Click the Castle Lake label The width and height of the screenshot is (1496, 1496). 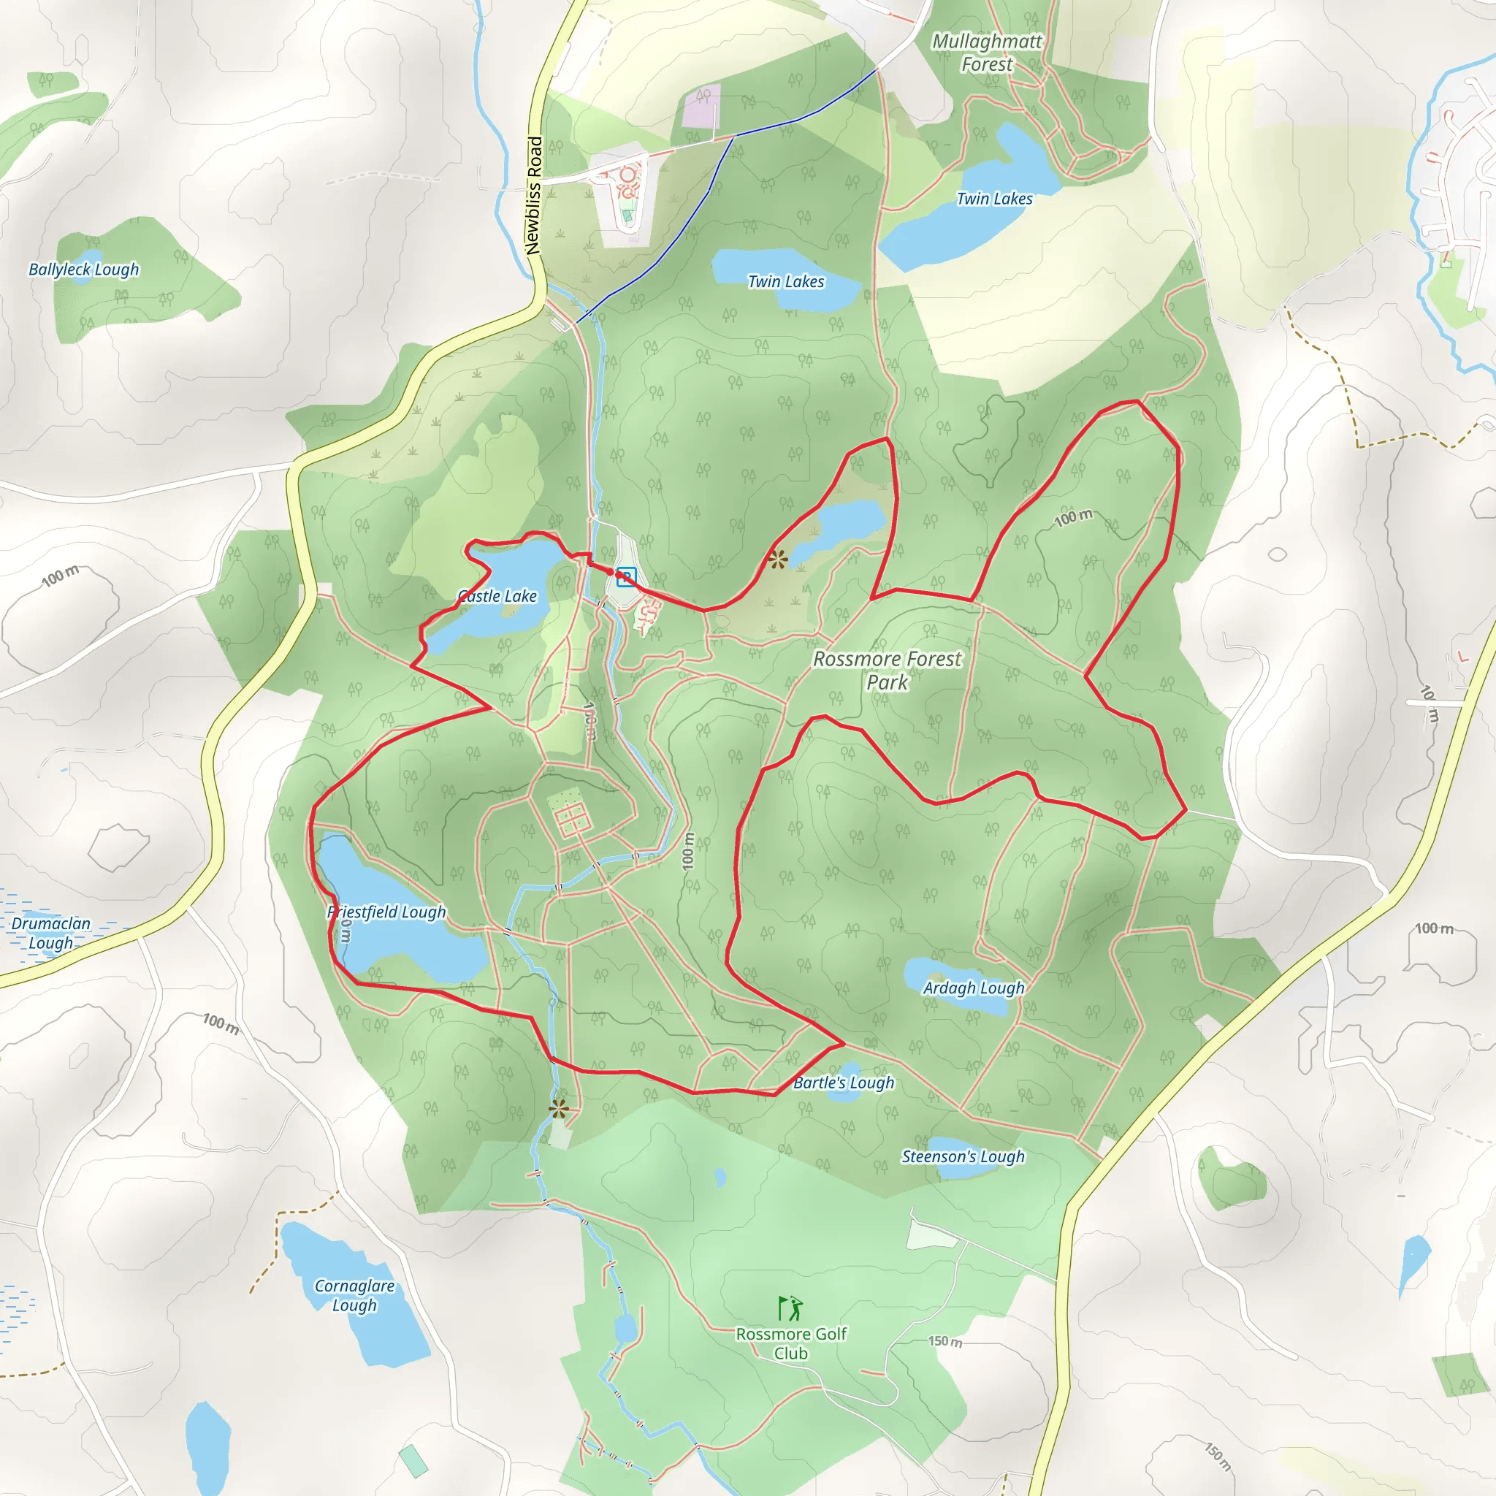497,596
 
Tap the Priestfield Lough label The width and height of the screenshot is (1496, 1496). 386,912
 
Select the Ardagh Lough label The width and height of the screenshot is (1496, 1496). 973,988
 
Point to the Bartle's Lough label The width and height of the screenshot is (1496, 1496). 843,1083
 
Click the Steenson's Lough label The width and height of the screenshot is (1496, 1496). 963,1157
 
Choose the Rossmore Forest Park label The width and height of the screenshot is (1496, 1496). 888,671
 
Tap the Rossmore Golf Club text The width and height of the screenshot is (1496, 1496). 790,1343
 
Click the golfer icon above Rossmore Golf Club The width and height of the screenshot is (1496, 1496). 790,1308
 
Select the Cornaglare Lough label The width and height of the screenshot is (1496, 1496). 354,1295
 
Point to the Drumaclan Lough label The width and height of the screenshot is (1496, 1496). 51,933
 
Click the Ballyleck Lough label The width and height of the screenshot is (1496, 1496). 83,270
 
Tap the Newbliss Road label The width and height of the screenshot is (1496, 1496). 533,196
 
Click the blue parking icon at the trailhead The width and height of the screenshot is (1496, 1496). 627,577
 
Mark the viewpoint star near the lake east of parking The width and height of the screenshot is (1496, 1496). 777,559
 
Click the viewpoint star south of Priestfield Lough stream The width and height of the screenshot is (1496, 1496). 558,1110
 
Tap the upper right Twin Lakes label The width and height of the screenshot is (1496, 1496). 994,199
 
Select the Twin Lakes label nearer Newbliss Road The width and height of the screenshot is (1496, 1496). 786,282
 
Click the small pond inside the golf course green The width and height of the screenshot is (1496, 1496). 721,1178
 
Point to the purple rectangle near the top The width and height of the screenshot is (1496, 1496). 701,106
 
